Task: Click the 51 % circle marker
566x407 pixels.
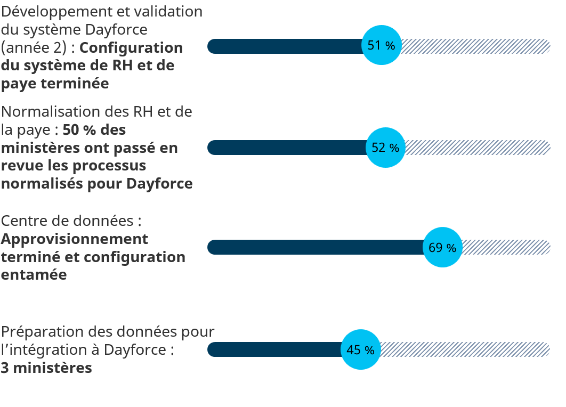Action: (x=381, y=45)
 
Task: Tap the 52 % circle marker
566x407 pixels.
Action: (x=385, y=148)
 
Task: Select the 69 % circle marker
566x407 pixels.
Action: (x=442, y=247)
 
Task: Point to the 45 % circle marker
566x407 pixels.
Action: (x=360, y=349)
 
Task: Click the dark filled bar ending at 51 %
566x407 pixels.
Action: (x=285, y=46)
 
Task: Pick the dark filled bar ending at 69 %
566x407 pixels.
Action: (x=314, y=247)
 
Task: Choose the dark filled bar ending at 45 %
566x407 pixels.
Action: (x=274, y=349)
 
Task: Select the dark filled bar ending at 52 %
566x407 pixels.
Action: (x=287, y=148)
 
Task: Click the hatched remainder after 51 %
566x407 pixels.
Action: (x=474, y=46)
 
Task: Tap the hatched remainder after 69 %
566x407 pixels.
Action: (x=505, y=247)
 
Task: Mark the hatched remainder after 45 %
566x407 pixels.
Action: (x=464, y=349)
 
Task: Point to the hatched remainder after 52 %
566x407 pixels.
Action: (x=477, y=148)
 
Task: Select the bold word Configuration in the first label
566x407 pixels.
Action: (x=131, y=48)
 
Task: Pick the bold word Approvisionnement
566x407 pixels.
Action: (x=75, y=239)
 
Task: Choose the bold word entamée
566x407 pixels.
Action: (x=34, y=275)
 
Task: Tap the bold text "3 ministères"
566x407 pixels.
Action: (x=46, y=368)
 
